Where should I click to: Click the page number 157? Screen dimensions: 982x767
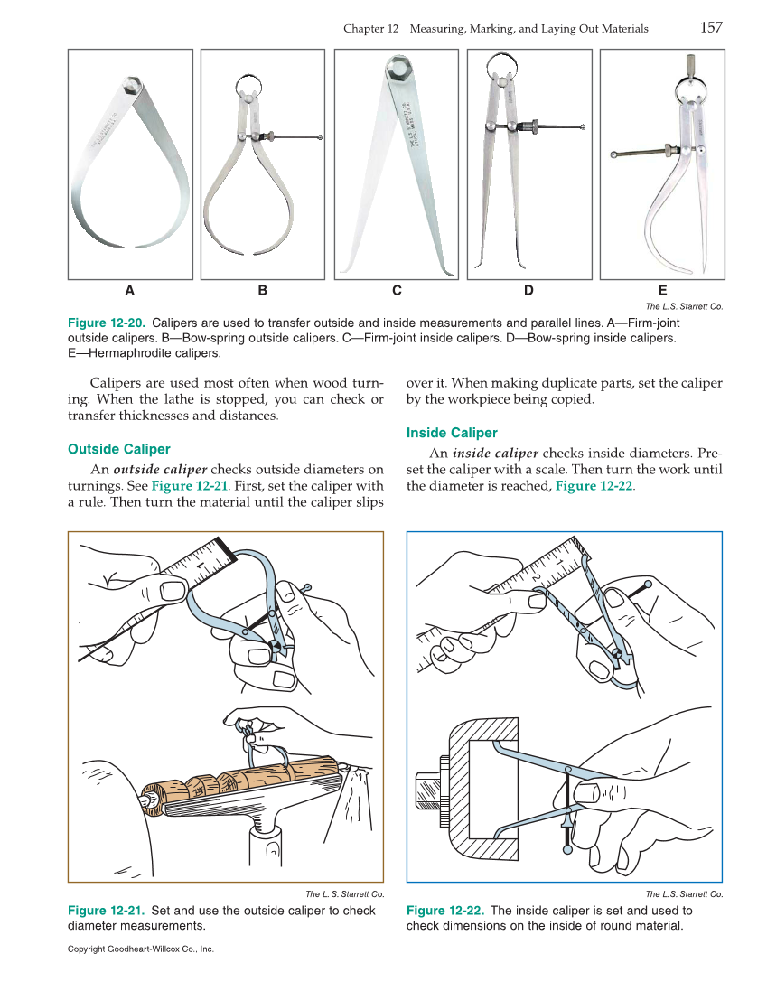[x=711, y=27]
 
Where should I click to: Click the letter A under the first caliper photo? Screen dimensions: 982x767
[x=130, y=291]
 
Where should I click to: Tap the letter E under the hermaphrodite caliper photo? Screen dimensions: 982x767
[x=662, y=291]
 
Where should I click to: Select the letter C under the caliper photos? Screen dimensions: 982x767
[x=397, y=291]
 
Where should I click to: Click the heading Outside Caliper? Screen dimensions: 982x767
[x=119, y=449]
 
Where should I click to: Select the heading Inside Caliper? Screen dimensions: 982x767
[x=452, y=433]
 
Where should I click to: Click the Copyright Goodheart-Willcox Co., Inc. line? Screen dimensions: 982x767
[x=141, y=949]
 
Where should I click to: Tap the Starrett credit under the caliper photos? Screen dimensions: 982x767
[x=684, y=306]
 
